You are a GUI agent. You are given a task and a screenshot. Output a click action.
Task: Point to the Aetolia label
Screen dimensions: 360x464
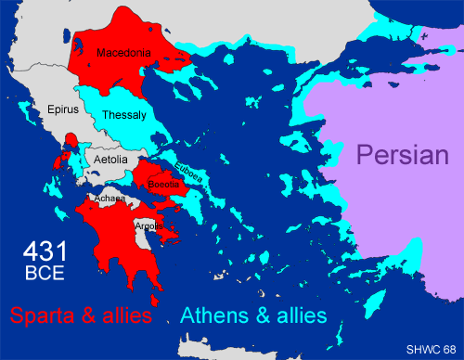(x=111, y=161)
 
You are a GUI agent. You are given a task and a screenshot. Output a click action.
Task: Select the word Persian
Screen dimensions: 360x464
(x=404, y=155)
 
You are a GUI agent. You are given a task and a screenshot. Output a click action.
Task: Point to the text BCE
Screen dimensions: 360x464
(x=44, y=274)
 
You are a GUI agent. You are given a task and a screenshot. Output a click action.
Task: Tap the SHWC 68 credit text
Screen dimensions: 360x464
(x=431, y=348)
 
